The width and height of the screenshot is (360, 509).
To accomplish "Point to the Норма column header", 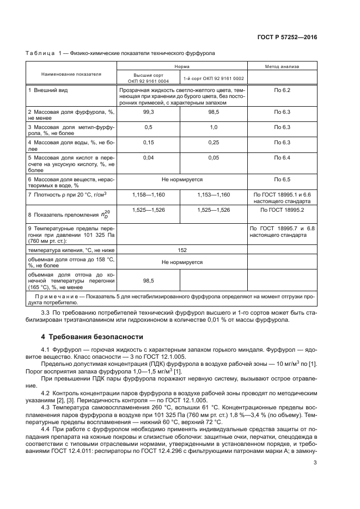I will click(182, 66).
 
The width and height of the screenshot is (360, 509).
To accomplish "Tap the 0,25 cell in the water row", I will click(213, 142).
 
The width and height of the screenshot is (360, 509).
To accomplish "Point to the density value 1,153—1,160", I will click(213, 194).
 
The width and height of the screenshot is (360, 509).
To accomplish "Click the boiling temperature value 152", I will click(182, 250).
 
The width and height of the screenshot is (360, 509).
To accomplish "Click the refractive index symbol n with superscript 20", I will click(106, 214).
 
